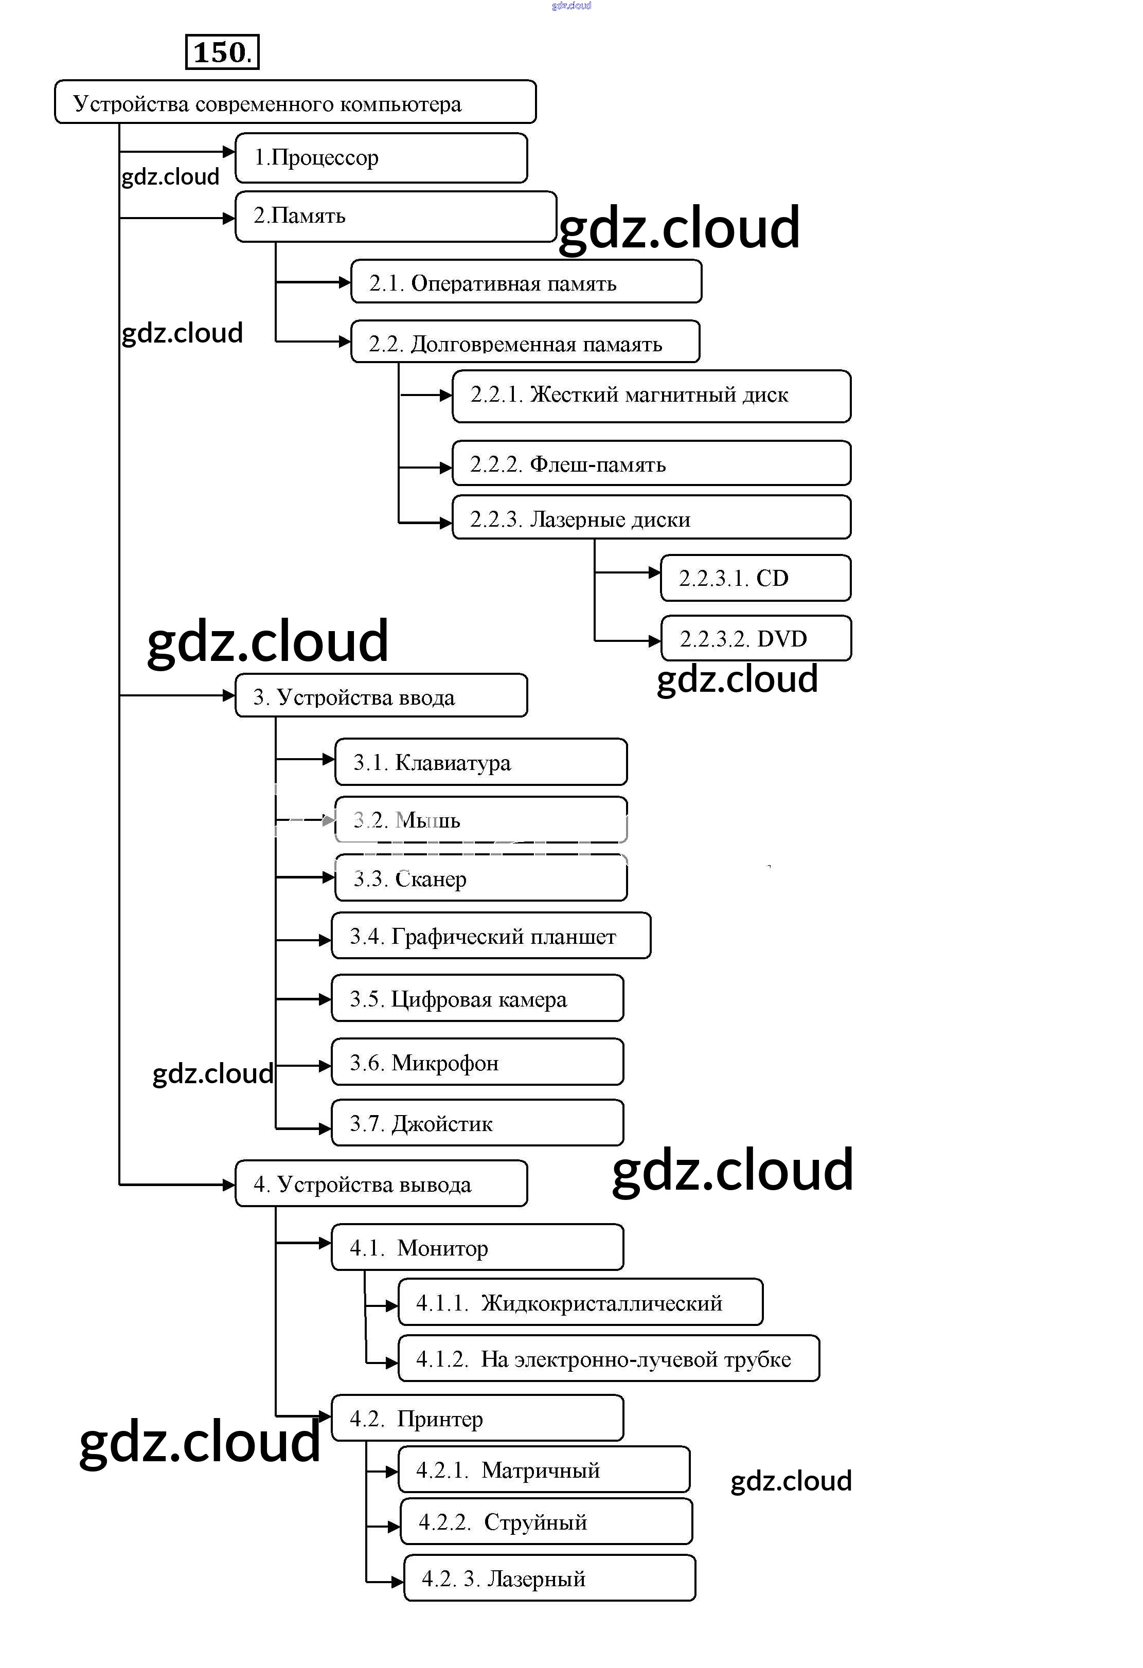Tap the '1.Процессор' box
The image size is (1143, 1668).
(x=381, y=158)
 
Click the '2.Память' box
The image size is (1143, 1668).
(x=395, y=216)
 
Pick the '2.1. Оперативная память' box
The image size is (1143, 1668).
(x=526, y=282)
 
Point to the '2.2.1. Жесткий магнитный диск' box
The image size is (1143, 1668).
(x=651, y=396)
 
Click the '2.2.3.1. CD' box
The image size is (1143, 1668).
(x=755, y=578)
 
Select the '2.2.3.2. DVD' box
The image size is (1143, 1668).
(x=755, y=638)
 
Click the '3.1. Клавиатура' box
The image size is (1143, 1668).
(x=480, y=762)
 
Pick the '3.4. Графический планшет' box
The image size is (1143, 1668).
(x=490, y=936)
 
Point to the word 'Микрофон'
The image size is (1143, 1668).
(x=445, y=1063)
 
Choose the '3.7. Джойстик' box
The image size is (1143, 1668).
(x=477, y=1123)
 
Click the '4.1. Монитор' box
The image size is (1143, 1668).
(x=477, y=1247)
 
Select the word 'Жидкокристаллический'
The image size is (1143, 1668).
(x=602, y=1303)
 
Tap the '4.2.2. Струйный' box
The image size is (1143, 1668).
(x=546, y=1521)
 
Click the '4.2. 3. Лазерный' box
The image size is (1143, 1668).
(x=549, y=1579)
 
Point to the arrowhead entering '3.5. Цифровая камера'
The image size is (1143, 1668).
(x=325, y=999)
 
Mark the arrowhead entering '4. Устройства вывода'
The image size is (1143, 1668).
(x=229, y=1184)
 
